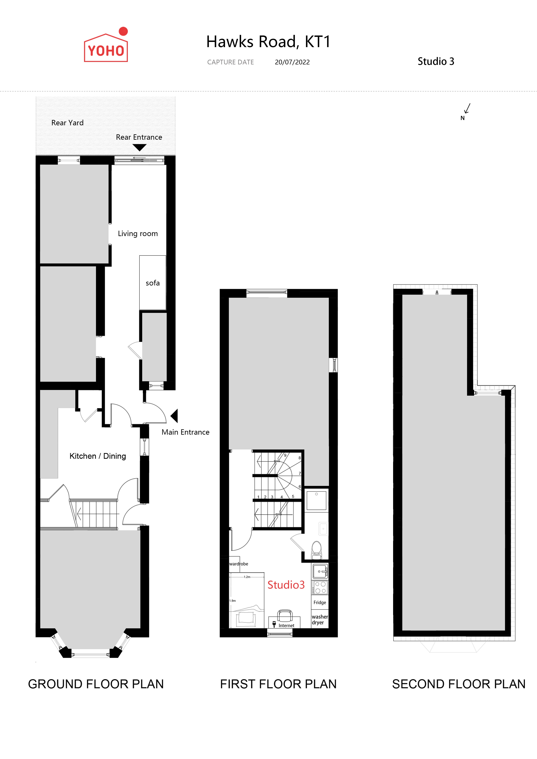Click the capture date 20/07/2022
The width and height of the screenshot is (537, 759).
click(x=292, y=62)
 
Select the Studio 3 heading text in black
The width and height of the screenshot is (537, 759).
click(x=436, y=62)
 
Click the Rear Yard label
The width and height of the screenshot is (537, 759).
click(x=68, y=123)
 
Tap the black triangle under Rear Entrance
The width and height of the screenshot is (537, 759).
click(x=140, y=147)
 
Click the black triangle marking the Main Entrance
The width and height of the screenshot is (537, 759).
click(x=174, y=416)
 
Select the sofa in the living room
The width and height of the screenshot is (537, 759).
click(x=152, y=283)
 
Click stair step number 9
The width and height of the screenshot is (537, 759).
click(x=285, y=455)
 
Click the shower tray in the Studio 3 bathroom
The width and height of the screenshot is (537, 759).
click(x=316, y=500)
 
